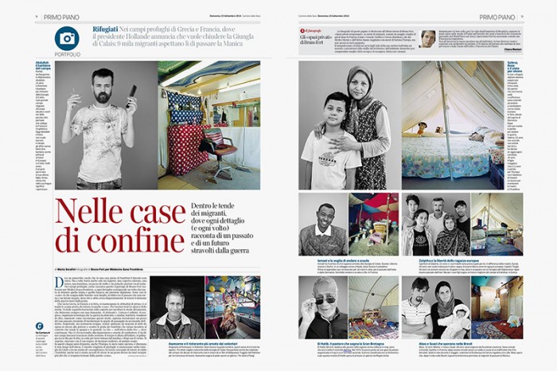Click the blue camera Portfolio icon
[x=67, y=37]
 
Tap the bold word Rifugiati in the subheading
[x=109, y=29]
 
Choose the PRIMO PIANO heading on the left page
[x=68, y=15]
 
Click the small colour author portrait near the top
[x=428, y=38]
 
